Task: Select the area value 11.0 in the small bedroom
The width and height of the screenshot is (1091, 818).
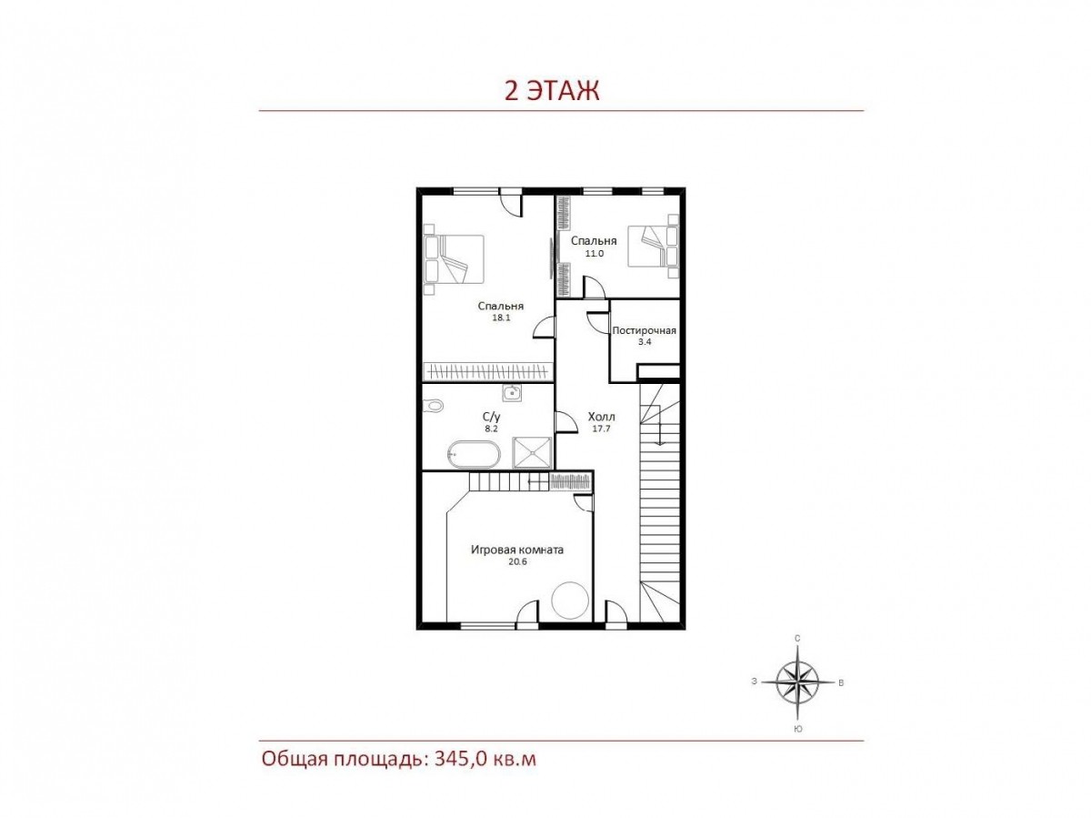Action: point(594,253)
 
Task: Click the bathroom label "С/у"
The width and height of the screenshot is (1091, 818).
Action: point(491,416)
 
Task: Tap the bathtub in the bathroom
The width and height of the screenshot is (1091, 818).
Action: point(470,452)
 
